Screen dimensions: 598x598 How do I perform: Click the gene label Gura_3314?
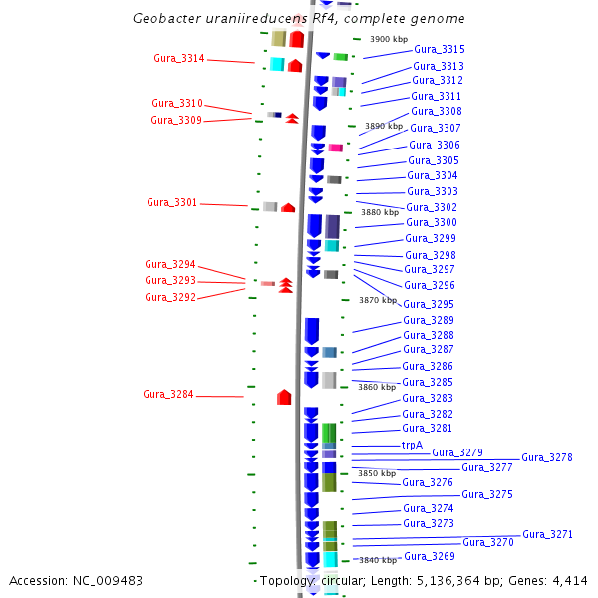click(179, 58)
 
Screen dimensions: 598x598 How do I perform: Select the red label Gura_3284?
click(168, 394)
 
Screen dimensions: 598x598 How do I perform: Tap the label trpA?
click(412, 445)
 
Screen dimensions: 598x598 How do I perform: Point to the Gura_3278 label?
click(547, 457)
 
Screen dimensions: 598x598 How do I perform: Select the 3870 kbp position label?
click(378, 300)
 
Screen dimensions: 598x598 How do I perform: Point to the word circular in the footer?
click(347, 581)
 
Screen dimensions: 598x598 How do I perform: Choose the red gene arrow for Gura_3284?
click(284, 397)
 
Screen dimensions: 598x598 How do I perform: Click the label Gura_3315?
click(439, 49)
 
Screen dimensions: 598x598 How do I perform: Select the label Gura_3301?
click(172, 202)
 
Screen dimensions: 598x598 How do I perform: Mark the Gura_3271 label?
click(548, 534)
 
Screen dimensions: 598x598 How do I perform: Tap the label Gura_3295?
click(429, 304)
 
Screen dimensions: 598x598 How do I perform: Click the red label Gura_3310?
click(177, 103)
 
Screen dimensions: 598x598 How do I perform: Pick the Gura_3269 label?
click(430, 556)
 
